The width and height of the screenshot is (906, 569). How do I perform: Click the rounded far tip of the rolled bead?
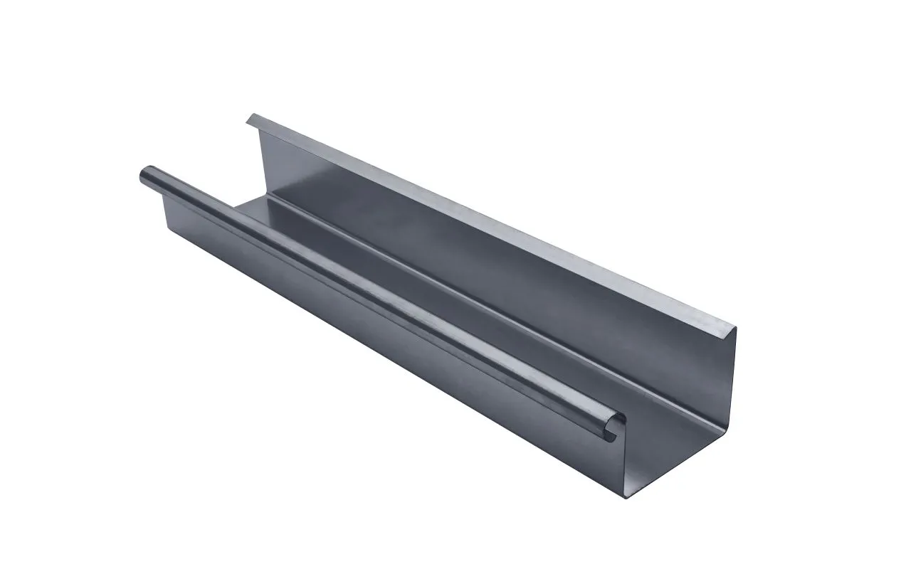(142, 174)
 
